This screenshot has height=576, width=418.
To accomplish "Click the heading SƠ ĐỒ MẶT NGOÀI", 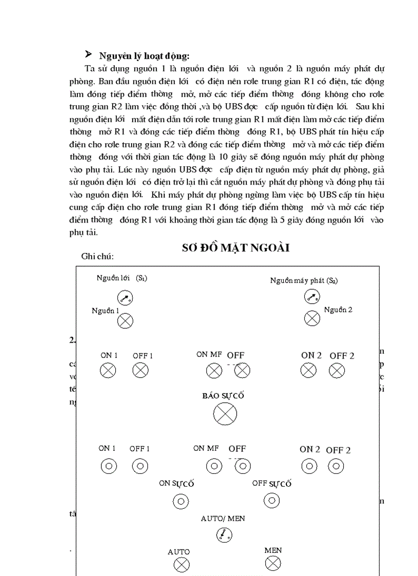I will coord(236,248).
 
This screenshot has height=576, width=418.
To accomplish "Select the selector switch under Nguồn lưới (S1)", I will coord(125,298).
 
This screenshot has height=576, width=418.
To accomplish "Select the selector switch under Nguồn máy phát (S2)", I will coord(312,297).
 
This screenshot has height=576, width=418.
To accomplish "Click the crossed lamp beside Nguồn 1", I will coord(125,321).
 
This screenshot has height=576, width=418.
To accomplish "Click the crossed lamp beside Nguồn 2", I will coord(312,319).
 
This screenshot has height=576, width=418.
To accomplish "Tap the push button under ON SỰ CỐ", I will coord(180,501).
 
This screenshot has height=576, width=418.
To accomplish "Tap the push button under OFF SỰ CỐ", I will coord(271,500).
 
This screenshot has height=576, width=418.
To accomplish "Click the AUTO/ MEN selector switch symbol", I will coord(223,535).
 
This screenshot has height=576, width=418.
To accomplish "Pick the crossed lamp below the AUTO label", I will coord(180,565).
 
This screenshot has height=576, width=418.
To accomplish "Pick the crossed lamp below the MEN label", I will coord(273,564).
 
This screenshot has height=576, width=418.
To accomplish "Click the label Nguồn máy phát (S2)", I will coord(304,281).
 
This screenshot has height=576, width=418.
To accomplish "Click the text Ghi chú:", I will coord(97,256).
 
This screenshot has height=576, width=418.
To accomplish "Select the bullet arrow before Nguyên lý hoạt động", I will coord(88,54).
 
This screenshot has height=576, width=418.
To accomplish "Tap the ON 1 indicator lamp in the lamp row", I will coord(108,370).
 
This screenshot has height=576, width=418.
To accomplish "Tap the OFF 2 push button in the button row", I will coord(336,466).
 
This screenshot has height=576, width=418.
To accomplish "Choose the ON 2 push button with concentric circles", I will coord(308,466).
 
